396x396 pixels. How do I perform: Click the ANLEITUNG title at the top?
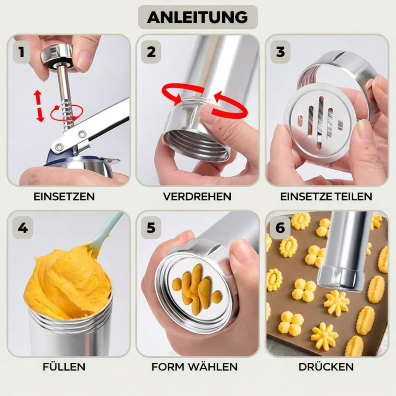[198, 17]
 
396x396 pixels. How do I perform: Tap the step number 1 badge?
[22, 52]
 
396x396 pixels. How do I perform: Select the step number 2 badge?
[151, 52]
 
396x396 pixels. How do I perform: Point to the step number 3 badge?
[280, 52]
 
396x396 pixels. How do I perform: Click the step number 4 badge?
[23, 228]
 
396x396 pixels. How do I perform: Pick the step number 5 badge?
[151, 228]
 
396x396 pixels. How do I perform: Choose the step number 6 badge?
[280, 228]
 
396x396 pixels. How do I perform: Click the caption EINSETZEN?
[64, 197]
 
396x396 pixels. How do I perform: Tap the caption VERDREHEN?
[197, 197]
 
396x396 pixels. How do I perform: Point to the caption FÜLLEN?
[64, 367]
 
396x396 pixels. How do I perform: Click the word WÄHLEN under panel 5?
[213, 367]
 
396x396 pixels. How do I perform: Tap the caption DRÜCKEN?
[326, 367]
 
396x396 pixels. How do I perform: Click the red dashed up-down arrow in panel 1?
[39, 106]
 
